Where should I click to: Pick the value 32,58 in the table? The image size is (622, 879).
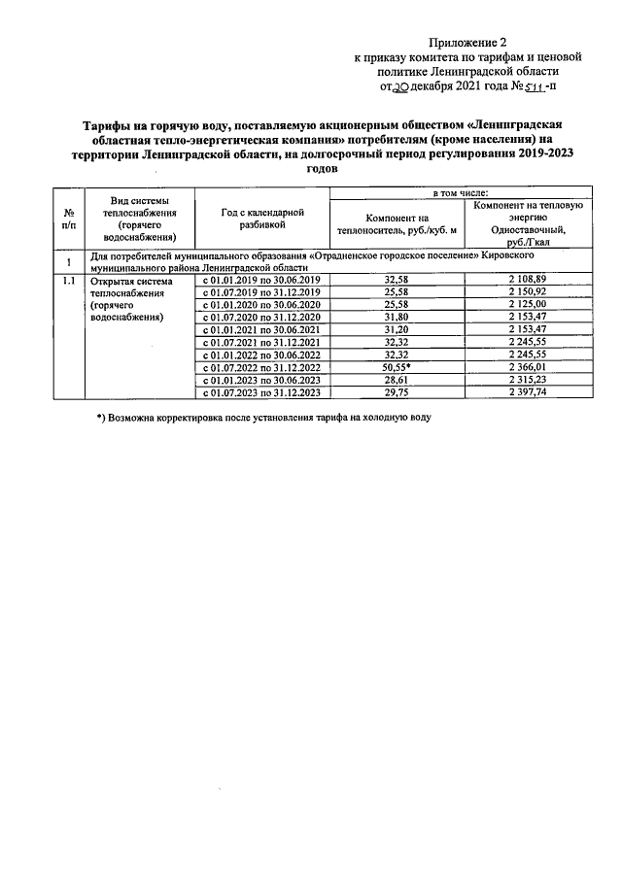(397, 281)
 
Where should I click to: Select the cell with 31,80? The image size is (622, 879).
(397, 318)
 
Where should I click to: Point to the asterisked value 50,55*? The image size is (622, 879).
(398, 368)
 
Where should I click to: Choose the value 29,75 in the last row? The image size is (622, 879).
(397, 393)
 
